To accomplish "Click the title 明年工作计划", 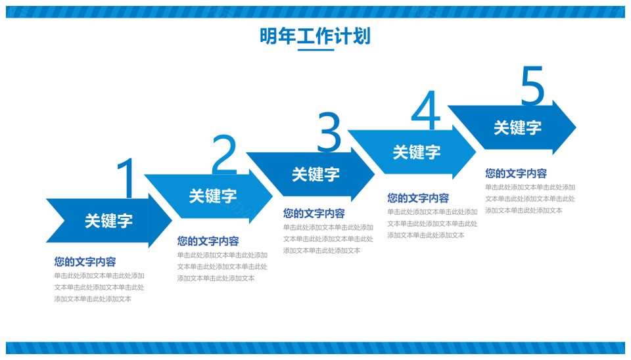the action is [x=315, y=36].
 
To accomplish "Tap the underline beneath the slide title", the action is [x=316, y=50].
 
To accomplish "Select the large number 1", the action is [x=126, y=178].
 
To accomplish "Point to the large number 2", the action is [x=224, y=154].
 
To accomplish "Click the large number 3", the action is [x=329, y=132].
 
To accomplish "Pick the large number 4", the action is [x=426, y=110].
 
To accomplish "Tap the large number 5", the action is [x=532, y=86].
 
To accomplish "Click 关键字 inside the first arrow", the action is [x=108, y=221].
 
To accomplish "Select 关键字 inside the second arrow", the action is [x=213, y=196].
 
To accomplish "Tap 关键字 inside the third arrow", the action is [x=316, y=175].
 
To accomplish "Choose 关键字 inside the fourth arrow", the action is [x=417, y=152].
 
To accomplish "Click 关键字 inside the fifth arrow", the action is [x=517, y=128].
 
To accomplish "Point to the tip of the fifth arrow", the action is [x=576, y=127].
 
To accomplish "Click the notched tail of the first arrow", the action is [x=64, y=221].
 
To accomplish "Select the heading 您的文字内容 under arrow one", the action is [x=85, y=262].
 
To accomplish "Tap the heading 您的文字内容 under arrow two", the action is [x=208, y=241].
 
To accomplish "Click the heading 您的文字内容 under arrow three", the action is [x=314, y=214].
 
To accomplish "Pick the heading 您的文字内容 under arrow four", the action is [x=418, y=198].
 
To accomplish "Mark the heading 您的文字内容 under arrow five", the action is [x=516, y=173].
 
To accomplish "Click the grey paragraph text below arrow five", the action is [x=530, y=198].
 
